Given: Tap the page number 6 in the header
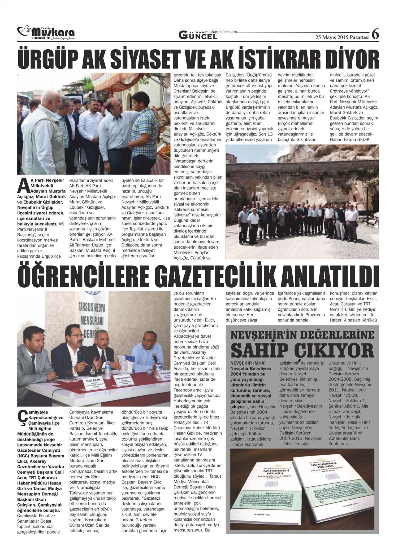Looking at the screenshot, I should tap(375, 34).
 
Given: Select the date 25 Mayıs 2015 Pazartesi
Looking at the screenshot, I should tap(342, 37).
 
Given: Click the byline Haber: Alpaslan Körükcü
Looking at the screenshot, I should tap(353, 320).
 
